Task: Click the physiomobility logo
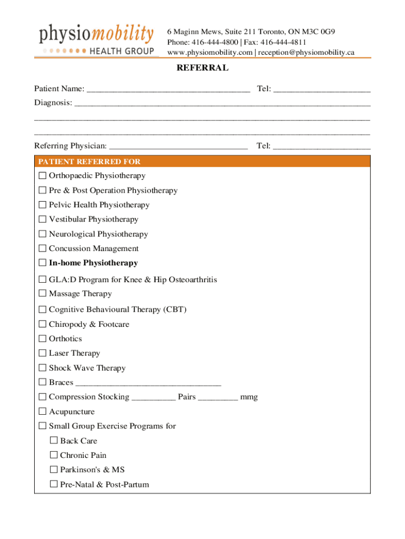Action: pos(97,39)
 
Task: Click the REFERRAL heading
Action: pos(202,68)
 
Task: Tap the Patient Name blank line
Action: pos(168,90)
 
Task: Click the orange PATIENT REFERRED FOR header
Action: pos(202,162)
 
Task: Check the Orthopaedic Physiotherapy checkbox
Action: pos(43,176)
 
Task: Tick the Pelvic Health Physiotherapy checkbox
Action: pos(43,205)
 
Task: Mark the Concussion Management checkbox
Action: pos(43,248)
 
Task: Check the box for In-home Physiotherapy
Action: pos(43,263)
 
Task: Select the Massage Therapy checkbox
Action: pos(43,294)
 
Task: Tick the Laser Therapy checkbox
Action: pos(43,353)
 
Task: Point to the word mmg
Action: pos(249,397)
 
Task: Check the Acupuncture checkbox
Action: pos(43,412)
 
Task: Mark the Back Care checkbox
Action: pos(54,441)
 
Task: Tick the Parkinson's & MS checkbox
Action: pos(54,470)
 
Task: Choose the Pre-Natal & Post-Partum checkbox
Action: pos(54,484)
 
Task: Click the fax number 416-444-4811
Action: pos(283,42)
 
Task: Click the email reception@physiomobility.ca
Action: pos(307,52)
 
